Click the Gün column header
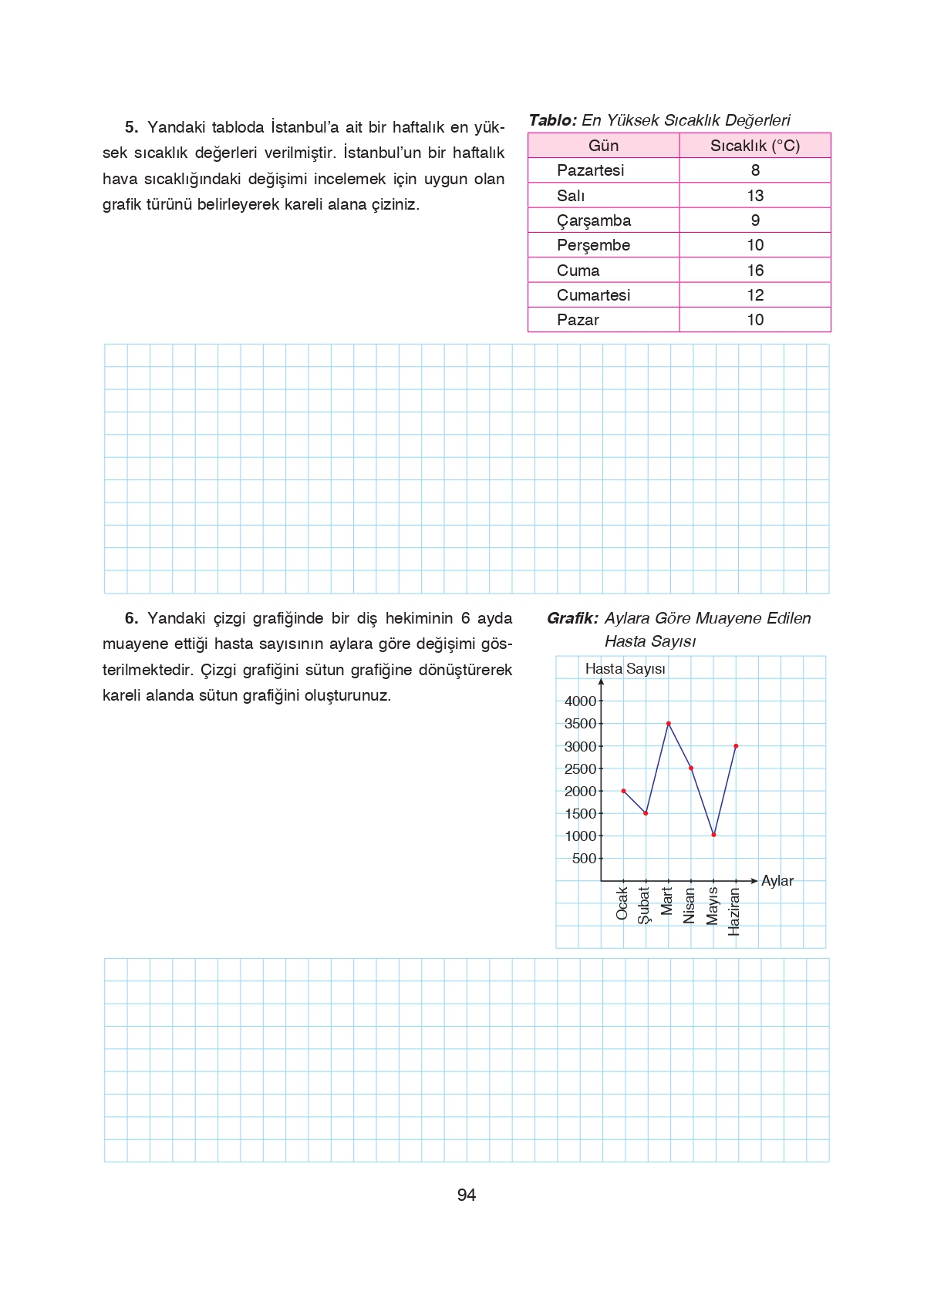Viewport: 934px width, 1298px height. tap(603, 146)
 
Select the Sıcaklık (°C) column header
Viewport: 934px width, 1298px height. tap(754, 146)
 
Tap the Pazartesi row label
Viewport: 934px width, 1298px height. tap(590, 170)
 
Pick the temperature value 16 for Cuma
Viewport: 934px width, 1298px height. tap(755, 271)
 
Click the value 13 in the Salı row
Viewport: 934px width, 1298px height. tap(755, 196)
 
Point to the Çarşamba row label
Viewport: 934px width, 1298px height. tap(593, 220)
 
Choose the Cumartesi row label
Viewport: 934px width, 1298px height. tap(593, 295)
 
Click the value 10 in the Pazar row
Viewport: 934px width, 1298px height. tap(755, 320)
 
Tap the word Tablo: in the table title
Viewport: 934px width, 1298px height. tap(552, 120)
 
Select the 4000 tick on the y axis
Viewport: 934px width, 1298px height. tap(580, 701)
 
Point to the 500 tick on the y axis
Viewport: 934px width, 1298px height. tap(584, 859)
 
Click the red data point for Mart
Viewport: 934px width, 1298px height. tap(669, 723)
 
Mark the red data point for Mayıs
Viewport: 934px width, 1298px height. tap(713, 835)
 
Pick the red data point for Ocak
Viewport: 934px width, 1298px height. tap(623, 791)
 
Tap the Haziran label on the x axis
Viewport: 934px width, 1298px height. tap(734, 912)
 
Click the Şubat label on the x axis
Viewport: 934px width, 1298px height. tap(644, 905)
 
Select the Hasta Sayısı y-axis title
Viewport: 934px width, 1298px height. tap(625, 669)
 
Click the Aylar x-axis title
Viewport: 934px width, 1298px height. tap(777, 881)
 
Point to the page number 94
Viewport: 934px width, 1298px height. tap(466, 1195)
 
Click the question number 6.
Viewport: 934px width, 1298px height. tap(131, 618)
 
